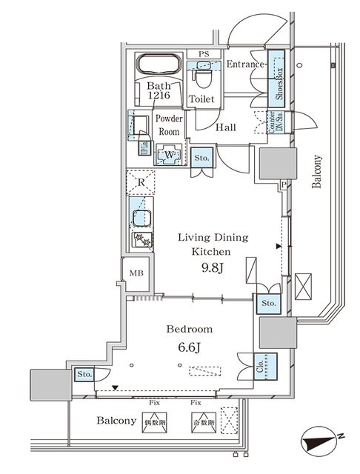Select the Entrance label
coord(245,64)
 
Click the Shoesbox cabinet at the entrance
coord(279,76)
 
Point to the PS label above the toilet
coord(204,54)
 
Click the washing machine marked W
coord(170,153)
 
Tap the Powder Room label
coord(169,124)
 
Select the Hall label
coord(226,127)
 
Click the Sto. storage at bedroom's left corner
coord(84,375)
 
